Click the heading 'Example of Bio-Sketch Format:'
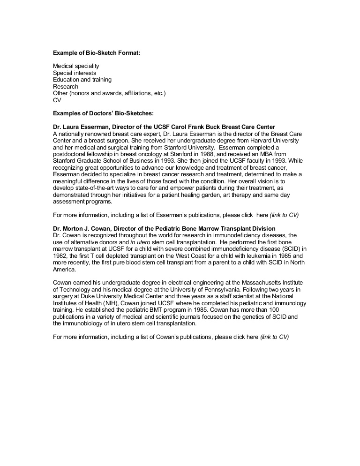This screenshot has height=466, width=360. (97, 53)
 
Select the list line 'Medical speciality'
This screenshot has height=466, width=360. (76, 66)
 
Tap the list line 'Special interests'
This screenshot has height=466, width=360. (75, 73)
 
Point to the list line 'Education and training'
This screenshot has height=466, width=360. (82, 80)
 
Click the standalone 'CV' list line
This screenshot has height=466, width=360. (57, 100)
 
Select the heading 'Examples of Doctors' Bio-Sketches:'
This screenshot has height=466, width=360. (104, 113)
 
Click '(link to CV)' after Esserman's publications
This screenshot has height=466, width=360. (284, 215)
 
